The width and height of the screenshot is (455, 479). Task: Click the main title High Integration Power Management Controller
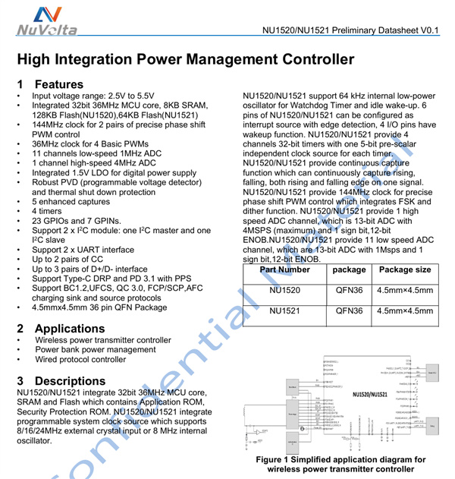[186, 59]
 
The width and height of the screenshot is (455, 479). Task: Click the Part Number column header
[284, 269]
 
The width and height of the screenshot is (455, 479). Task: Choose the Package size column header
[404, 269]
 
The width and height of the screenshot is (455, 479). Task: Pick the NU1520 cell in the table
[284, 289]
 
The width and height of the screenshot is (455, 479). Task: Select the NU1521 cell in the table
[284, 311]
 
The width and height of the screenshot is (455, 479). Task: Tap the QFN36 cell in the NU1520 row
[349, 289]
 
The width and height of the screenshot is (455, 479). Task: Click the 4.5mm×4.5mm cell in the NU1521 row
[405, 311]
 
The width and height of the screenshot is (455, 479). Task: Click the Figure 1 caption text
[340, 464]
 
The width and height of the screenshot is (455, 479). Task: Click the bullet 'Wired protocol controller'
[79, 360]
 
